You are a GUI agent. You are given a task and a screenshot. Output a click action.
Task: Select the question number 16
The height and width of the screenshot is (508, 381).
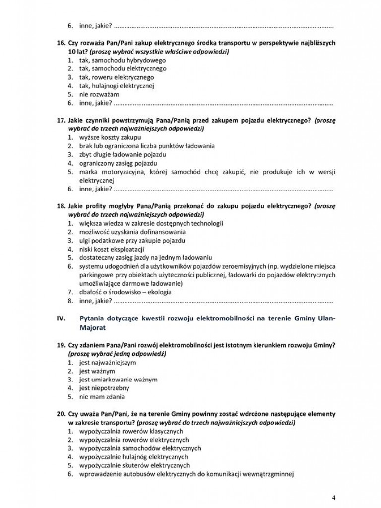coord(62,43)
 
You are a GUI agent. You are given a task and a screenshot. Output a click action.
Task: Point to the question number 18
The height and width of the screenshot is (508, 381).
coord(62,206)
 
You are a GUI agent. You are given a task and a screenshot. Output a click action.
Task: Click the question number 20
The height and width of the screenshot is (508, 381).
coord(62,414)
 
